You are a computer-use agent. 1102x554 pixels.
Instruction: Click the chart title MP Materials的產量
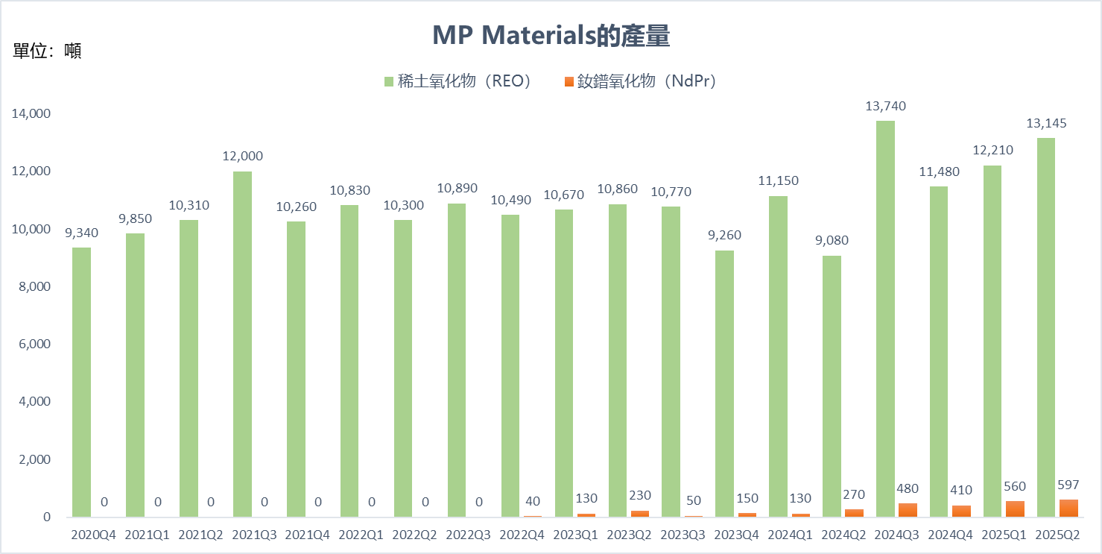tap(551, 35)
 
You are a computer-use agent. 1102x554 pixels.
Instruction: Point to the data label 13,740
tap(885, 107)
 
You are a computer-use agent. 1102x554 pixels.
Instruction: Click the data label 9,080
tap(832, 241)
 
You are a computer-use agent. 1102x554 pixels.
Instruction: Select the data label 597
tap(1068, 485)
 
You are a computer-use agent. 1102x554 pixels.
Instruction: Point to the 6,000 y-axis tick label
tap(34, 344)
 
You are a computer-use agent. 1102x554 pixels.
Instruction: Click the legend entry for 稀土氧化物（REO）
tap(457, 81)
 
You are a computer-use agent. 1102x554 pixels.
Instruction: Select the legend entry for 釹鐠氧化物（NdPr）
tap(640, 81)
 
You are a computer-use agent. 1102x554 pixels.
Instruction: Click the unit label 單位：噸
tap(47, 51)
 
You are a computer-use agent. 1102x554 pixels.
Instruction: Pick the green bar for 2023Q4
tap(724, 384)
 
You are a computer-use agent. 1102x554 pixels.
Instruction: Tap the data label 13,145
tap(1046, 124)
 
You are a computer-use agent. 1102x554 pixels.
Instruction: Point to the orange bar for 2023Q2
tap(639, 514)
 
